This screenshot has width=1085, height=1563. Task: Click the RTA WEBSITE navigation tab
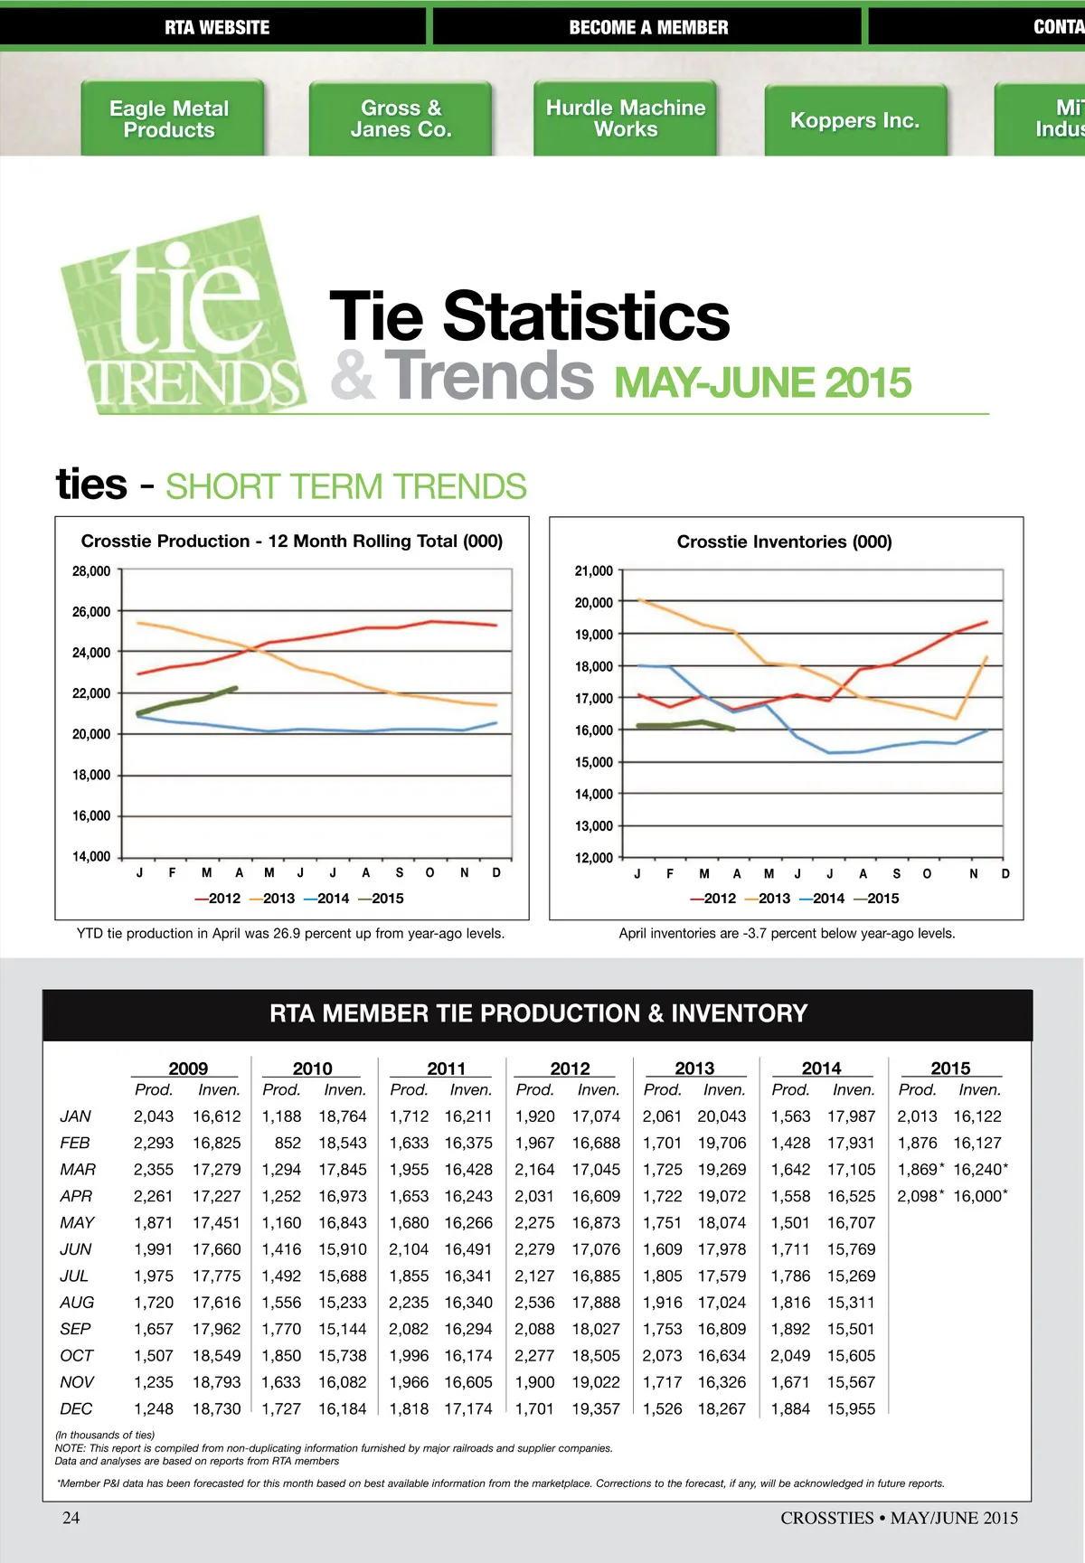(216, 27)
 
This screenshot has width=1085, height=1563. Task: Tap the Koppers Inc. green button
(854, 120)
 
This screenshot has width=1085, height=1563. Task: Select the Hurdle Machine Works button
(626, 118)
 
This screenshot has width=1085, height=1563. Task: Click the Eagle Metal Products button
(169, 119)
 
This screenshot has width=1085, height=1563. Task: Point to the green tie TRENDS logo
(181, 316)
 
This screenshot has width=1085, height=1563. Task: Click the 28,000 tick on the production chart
(91, 571)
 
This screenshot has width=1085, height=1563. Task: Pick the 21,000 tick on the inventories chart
(594, 571)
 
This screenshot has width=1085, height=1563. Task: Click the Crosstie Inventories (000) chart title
(784, 541)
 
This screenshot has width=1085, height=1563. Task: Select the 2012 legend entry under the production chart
(218, 899)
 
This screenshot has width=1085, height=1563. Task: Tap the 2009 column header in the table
(188, 1069)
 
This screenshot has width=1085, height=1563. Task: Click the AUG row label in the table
(77, 1303)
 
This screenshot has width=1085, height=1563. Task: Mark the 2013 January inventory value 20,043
(722, 1116)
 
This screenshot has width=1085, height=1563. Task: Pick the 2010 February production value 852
(288, 1143)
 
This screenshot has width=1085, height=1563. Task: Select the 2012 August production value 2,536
(534, 1303)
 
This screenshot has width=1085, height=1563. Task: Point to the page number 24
(71, 1518)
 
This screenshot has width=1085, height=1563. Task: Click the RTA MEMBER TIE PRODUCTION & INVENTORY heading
(538, 1013)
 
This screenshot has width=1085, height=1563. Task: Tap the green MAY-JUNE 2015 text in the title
(763, 383)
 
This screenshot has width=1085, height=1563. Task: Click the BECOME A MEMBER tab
(648, 27)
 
